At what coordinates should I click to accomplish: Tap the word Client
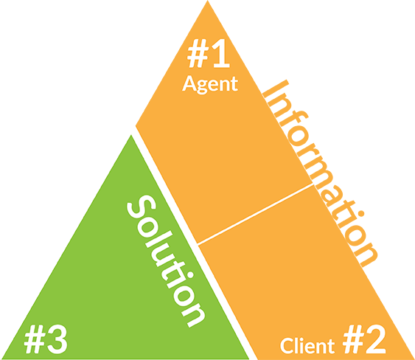click(307, 345)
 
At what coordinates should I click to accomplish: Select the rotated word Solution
click(166, 261)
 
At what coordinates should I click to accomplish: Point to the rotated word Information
click(320, 173)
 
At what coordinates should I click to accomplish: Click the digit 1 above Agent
click(220, 54)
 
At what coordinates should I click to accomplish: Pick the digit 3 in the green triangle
click(57, 339)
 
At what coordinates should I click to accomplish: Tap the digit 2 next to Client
click(374, 339)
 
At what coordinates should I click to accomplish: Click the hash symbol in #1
click(198, 54)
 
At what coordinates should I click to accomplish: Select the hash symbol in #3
click(35, 340)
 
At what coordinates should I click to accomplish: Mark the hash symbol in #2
click(353, 339)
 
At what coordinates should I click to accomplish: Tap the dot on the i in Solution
click(189, 275)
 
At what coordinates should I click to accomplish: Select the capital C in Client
click(287, 346)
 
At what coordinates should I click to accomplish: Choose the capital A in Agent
click(189, 83)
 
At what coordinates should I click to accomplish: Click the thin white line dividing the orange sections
click(256, 213)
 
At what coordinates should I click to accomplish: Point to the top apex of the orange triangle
click(208, 1)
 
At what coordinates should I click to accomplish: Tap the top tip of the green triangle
click(130, 135)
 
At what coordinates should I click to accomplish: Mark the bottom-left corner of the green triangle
click(1, 359)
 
